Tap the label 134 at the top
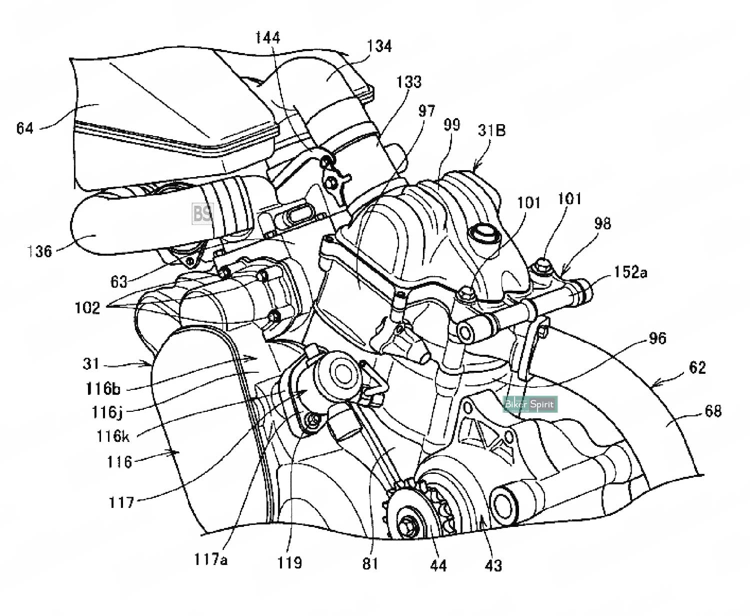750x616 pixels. click(x=380, y=46)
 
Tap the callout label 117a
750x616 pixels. click(x=211, y=559)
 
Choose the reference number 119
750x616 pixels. click(x=290, y=562)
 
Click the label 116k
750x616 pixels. click(x=113, y=436)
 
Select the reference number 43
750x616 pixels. click(x=493, y=565)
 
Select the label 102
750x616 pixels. click(x=87, y=307)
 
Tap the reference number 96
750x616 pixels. click(x=657, y=338)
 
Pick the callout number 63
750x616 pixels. click(x=119, y=282)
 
